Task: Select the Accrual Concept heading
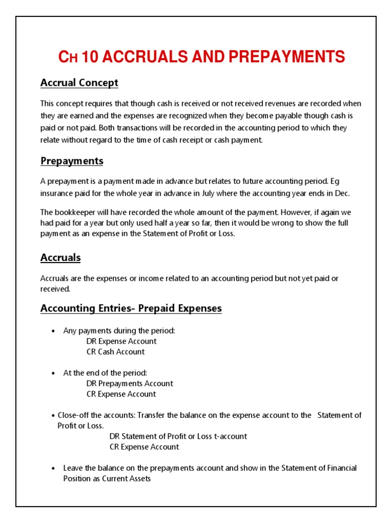point(79,83)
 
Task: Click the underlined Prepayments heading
point(72,161)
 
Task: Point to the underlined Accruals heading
point(60,257)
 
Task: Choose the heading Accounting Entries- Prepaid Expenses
point(131,308)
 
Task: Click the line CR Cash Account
point(115,352)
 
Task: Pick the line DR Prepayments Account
point(130,384)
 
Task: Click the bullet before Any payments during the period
point(54,331)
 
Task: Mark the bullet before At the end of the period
point(54,373)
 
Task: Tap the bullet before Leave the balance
point(54,468)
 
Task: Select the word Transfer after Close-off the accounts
point(150,415)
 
